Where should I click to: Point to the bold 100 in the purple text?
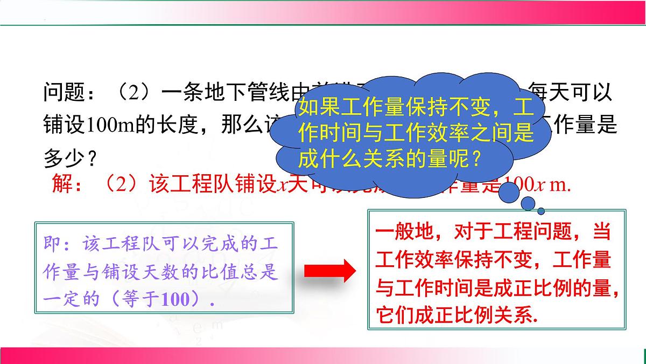click(x=177, y=299)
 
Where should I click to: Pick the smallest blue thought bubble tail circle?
click(x=541, y=211)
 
